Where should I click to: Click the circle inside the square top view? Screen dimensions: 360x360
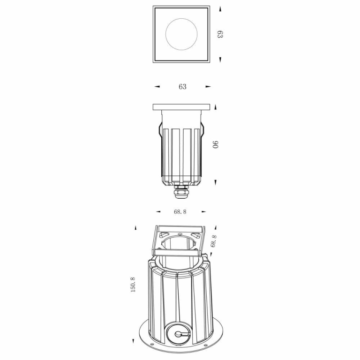(x=181, y=34)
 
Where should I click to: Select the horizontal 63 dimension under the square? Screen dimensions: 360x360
(x=182, y=87)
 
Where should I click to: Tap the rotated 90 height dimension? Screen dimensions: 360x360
(x=216, y=144)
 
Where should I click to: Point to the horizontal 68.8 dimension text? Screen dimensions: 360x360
(x=180, y=212)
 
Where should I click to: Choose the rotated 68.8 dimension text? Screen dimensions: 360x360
(x=214, y=241)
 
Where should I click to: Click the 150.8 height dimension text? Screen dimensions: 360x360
(x=133, y=285)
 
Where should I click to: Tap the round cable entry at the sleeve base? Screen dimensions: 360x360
(x=179, y=333)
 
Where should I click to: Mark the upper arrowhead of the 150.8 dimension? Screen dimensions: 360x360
(x=135, y=228)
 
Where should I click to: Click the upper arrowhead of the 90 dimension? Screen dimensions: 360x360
(x=215, y=107)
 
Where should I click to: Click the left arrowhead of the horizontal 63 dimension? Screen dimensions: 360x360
(x=157, y=87)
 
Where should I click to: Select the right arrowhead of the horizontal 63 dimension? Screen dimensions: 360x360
(x=208, y=87)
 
